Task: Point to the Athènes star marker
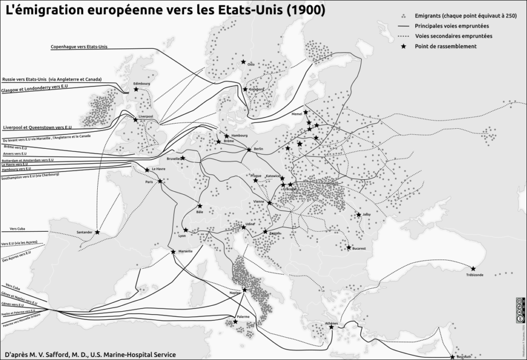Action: (x=331, y=327)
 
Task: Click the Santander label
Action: (x=84, y=232)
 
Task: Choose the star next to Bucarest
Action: (x=349, y=247)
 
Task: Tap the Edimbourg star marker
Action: (x=136, y=89)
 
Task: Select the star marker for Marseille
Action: (x=173, y=251)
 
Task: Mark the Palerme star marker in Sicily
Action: (x=235, y=321)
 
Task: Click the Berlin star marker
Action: (x=249, y=149)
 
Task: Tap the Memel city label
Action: (x=297, y=114)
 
